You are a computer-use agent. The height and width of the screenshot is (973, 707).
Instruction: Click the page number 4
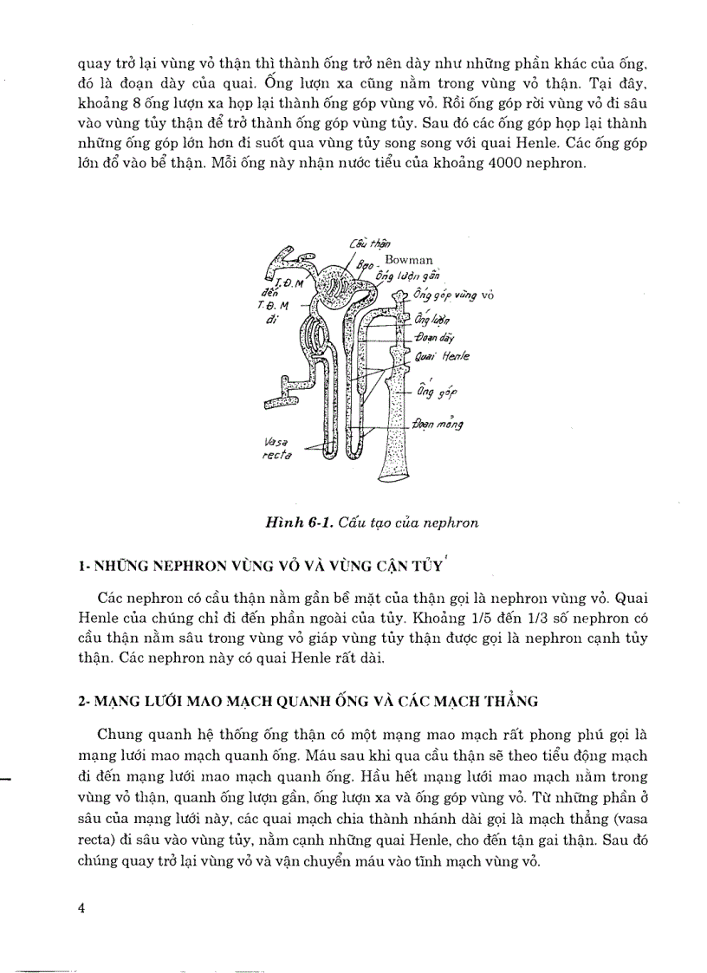pyautogui.click(x=81, y=908)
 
